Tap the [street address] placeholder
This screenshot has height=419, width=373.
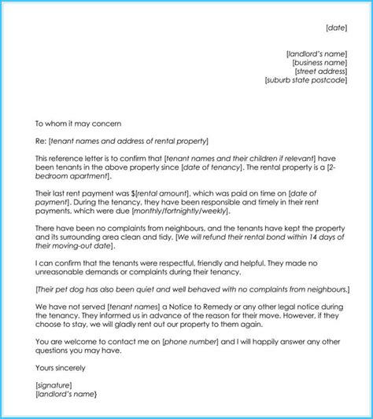324,72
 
